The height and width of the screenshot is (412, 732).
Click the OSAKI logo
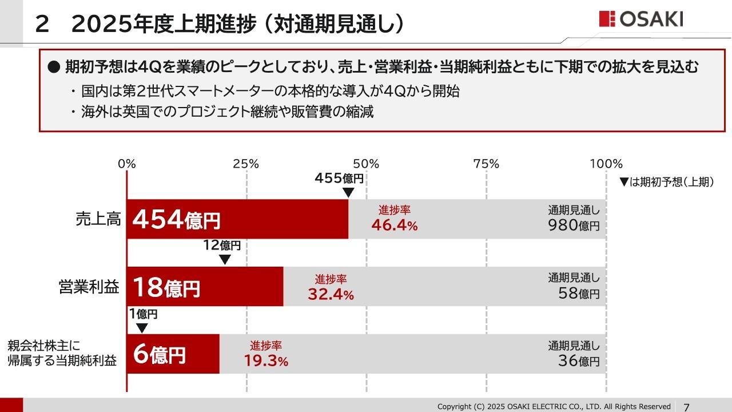click(x=641, y=19)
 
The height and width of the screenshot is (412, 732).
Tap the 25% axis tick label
click(x=246, y=164)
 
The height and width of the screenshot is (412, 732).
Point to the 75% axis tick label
click(x=486, y=164)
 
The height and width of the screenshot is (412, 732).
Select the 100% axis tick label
click(x=606, y=164)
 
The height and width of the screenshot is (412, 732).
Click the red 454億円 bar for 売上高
click(x=237, y=219)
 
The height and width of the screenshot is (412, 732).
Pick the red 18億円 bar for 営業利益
click(x=205, y=286)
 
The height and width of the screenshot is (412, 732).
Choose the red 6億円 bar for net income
click(x=173, y=354)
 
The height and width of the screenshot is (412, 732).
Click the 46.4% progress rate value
click(x=395, y=225)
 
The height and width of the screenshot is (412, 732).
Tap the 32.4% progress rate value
click(x=331, y=295)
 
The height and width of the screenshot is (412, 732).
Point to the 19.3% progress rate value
click(x=266, y=361)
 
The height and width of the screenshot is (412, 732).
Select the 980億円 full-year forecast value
click(x=574, y=225)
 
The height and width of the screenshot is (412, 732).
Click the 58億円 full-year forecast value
click(x=579, y=294)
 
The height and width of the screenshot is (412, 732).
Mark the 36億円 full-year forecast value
click(x=579, y=361)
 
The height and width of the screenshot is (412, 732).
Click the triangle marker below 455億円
click(x=348, y=192)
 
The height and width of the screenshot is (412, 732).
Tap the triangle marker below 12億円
click(x=225, y=259)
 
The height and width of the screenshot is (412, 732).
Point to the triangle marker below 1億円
click(x=142, y=328)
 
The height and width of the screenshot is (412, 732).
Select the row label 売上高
click(x=98, y=219)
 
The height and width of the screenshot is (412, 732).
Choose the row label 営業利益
click(x=89, y=287)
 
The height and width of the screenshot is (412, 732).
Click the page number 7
click(x=686, y=407)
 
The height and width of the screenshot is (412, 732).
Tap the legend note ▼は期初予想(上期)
click(x=666, y=182)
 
